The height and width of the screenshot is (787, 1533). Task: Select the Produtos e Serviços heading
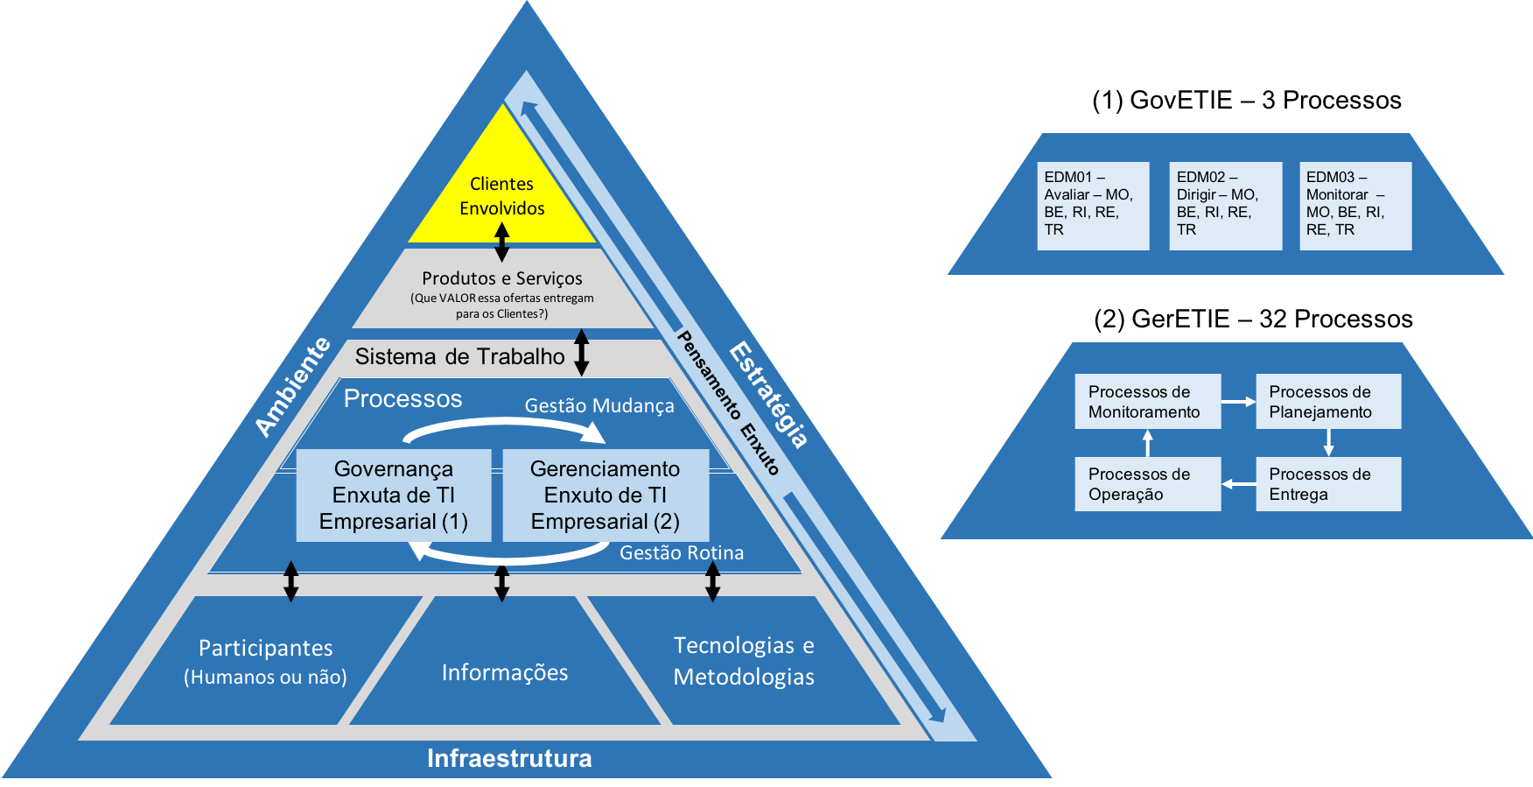(x=501, y=278)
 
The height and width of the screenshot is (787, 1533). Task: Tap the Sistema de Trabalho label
(x=459, y=356)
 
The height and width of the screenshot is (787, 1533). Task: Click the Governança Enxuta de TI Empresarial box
(x=393, y=495)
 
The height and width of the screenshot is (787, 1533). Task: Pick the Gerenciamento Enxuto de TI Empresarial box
(x=605, y=495)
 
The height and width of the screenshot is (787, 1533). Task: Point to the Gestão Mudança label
(x=599, y=406)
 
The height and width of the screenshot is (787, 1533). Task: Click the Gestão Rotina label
(x=682, y=553)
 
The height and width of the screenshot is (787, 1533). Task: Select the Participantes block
(x=265, y=661)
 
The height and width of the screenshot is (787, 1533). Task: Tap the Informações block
(x=505, y=672)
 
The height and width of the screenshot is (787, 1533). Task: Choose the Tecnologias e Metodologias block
(x=744, y=661)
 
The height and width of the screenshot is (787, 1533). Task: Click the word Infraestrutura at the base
(x=509, y=758)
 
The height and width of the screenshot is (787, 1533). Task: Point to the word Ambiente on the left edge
(x=293, y=386)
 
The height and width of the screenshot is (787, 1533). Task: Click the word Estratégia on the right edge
(x=769, y=394)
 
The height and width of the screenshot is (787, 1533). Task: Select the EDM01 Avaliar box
(x=1093, y=206)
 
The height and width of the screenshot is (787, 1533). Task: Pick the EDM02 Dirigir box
(x=1225, y=206)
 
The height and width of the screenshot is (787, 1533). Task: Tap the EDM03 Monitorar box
(x=1354, y=206)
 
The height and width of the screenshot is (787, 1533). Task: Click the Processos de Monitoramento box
(x=1147, y=402)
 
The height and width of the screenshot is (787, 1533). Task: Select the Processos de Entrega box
(x=1328, y=484)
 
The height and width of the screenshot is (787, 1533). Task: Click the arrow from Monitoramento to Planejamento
(x=1238, y=402)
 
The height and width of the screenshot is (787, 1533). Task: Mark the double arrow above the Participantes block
(x=291, y=581)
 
